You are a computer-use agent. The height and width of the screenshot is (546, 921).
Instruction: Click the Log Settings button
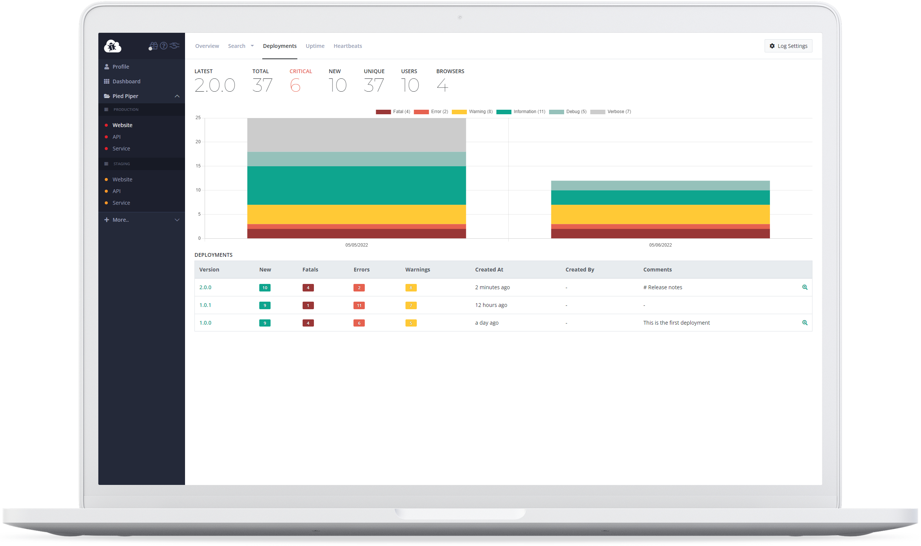point(788,46)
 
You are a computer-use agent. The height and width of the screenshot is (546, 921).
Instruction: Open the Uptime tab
point(315,46)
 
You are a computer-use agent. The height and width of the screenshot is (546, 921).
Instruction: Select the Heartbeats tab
point(347,46)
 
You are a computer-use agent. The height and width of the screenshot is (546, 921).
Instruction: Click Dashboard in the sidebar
point(126,81)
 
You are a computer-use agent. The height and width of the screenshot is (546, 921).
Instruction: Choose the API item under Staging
point(116,191)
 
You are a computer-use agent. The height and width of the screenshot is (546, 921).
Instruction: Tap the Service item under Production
point(121,149)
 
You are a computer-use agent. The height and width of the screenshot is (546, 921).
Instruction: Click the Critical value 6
point(295,85)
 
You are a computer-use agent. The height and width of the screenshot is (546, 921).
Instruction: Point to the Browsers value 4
point(442,85)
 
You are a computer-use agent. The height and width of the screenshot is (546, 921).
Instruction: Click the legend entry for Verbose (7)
point(611,112)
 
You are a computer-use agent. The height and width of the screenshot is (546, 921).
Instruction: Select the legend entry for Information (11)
point(521,112)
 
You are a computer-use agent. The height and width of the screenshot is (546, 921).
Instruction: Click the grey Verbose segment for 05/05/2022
point(356,135)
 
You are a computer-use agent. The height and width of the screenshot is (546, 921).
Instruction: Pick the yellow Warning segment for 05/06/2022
point(660,214)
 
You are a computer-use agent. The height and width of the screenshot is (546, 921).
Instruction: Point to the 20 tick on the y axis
point(198,142)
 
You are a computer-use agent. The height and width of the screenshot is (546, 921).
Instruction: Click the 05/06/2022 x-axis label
point(660,245)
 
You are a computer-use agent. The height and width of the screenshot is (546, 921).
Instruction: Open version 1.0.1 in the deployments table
point(205,305)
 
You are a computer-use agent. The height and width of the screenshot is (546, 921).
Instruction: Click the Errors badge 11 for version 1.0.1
point(359,305)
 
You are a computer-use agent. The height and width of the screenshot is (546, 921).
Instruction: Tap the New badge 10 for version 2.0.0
point(265,288)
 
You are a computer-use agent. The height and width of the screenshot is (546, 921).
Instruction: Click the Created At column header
point(489,270)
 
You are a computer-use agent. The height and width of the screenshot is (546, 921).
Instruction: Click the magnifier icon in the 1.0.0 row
point(805,323)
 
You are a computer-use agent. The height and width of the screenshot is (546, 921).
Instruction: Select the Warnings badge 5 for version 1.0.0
point(411,323)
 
